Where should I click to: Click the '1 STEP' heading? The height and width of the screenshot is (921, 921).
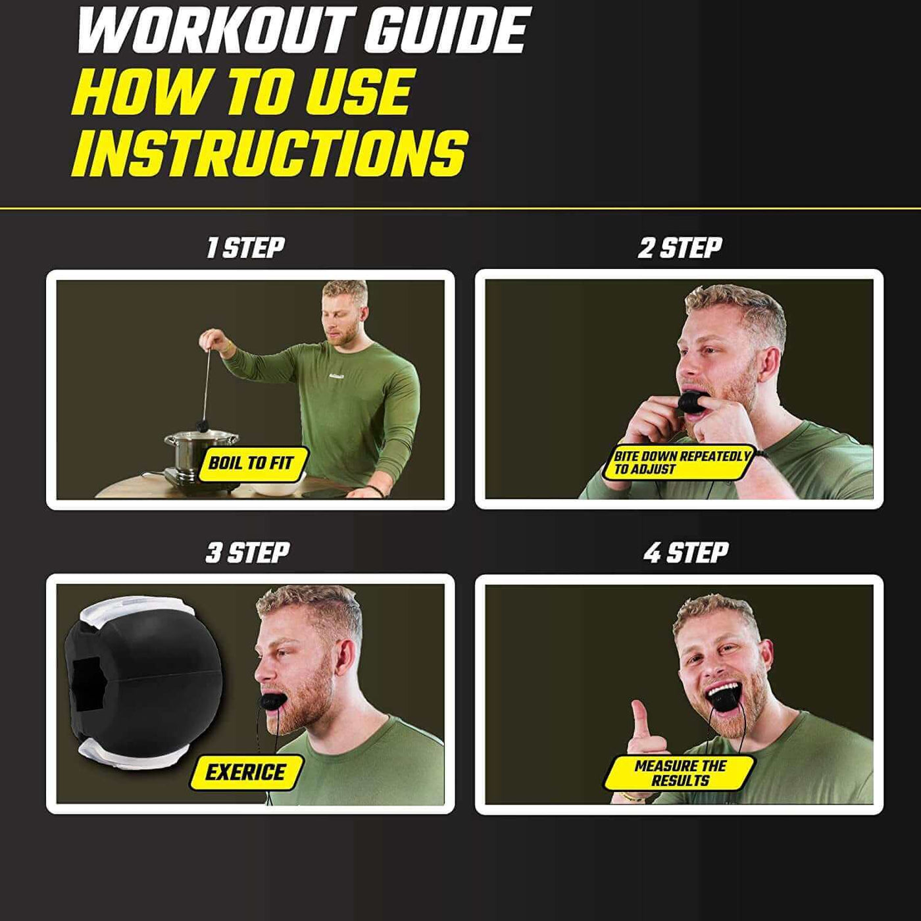point(245,247)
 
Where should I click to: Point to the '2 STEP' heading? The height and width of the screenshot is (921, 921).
point(680,247)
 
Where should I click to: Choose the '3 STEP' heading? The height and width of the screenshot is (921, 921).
point(247,553)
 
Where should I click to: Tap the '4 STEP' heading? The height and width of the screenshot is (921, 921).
point(686,553)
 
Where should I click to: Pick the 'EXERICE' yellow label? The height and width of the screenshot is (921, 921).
point(245,772)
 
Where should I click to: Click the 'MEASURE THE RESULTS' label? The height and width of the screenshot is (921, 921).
point(680,774)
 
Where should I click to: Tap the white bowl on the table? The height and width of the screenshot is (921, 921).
point(275,487)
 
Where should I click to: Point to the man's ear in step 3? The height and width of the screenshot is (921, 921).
point(346,658)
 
